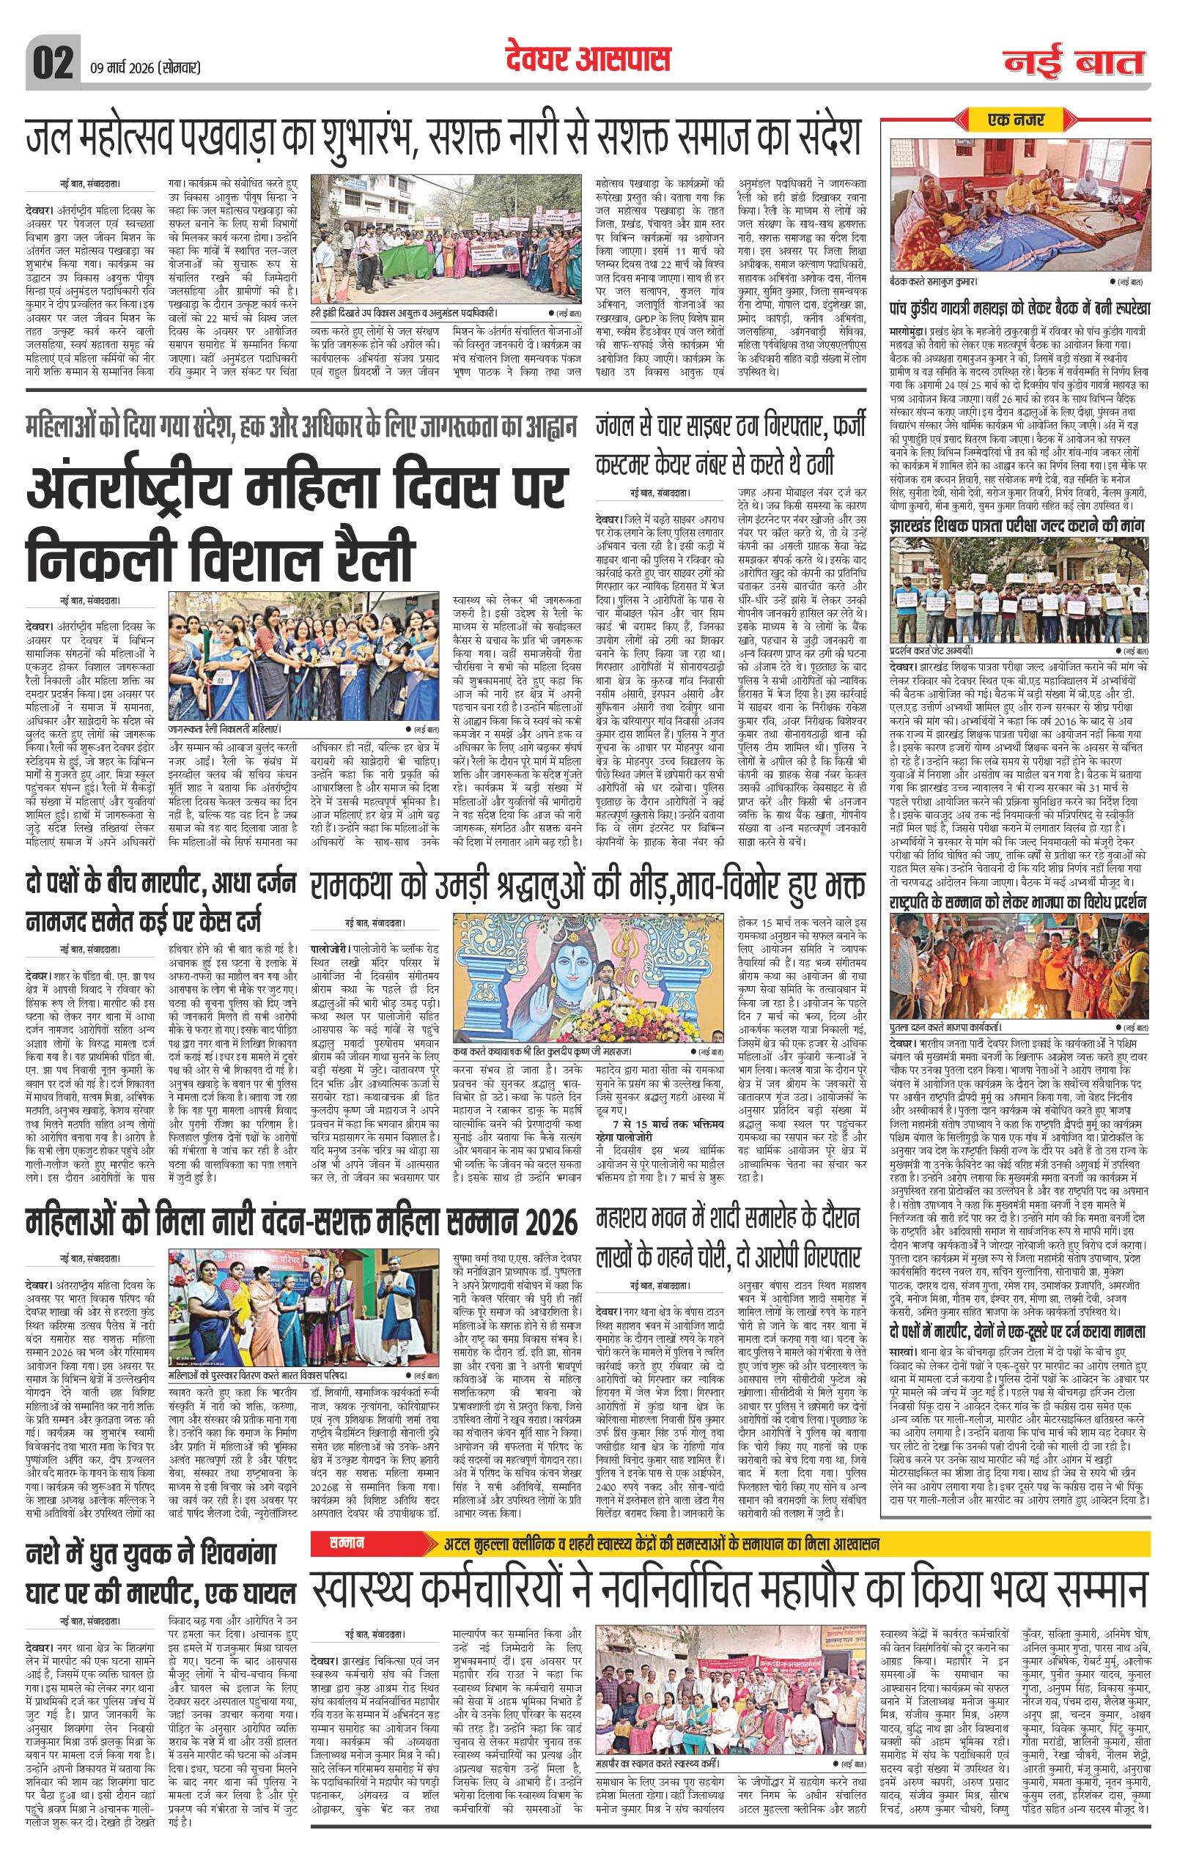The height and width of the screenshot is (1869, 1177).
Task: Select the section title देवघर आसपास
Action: click(587, 60)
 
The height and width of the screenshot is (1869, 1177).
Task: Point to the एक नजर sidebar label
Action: click(1017, 119)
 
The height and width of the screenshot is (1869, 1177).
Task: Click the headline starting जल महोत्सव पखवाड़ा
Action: click(443, 138)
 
